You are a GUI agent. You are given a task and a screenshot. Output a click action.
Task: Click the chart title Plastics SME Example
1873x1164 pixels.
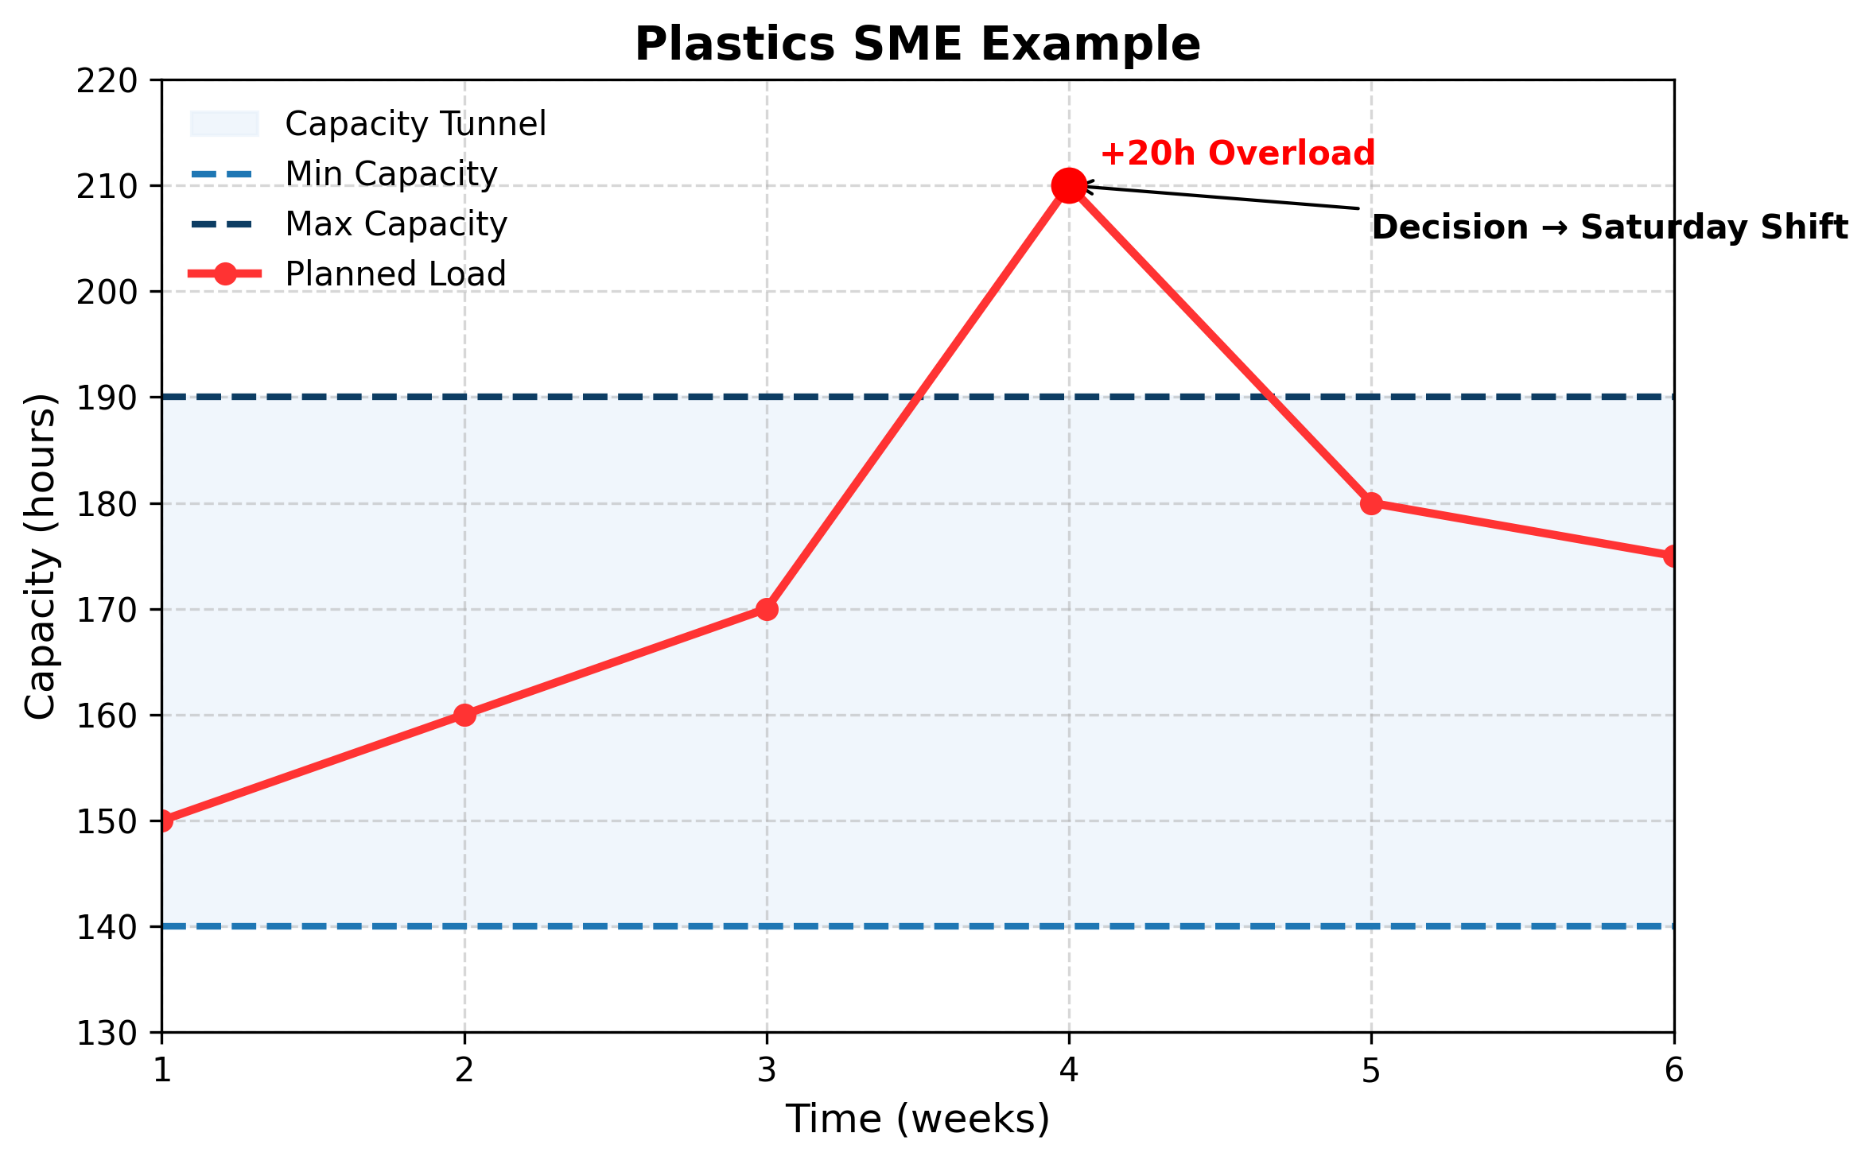917,45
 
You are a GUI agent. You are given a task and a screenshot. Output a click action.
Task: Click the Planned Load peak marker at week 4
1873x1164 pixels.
1068,185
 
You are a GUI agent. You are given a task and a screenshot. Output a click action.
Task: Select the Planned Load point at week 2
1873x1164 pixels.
464,715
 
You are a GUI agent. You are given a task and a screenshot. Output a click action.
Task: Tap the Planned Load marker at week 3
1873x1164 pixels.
767,609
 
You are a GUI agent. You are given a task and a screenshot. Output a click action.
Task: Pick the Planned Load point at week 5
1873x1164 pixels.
1370,503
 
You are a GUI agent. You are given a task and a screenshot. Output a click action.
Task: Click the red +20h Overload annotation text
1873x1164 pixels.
1237,153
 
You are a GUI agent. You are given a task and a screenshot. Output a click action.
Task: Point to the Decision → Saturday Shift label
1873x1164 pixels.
1609,228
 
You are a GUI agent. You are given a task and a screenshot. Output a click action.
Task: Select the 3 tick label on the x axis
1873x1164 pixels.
767,1071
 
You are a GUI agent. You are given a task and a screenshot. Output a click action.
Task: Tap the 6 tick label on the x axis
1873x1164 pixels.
1673,1071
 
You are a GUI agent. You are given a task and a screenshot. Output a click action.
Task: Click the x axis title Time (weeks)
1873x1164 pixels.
917,1119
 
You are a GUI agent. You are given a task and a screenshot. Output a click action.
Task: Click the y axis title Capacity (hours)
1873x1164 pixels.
40,556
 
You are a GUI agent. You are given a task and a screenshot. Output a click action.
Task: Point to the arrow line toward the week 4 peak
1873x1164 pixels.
1225,198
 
